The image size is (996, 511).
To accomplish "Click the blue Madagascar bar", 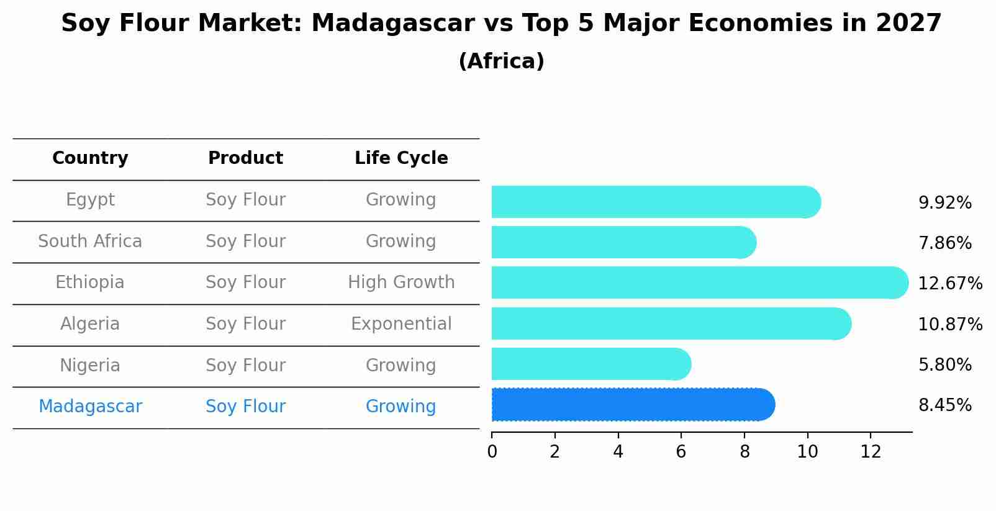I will pyautogui.click(x=632, y=405).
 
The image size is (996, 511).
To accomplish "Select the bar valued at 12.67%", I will pyautogui.click(x=699, y=283).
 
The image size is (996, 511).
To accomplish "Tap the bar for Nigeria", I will pyautogui.click(x=590, y=364).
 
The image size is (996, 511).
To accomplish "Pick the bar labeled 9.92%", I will pyautogui.click(x=655, y=202).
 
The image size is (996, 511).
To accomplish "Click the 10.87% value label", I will pyautogui.click(x=950, y=325).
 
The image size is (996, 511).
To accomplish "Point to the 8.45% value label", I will pyautogui.click(x=944, y=405).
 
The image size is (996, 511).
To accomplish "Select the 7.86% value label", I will pyautogui.click(x=944, y=243).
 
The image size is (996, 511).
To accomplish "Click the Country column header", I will pyautogui.click(x=90, y=158).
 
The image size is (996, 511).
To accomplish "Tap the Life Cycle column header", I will pyautogui.click(x=401, y=158).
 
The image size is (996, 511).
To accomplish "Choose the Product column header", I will pyautogui.click(x=245, y=158).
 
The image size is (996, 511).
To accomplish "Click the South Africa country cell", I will pyautogui.click(x=90, y=242).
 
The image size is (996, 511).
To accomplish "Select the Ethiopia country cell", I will pyautogui.click(x=90, y=283).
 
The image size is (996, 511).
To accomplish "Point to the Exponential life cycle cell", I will pyautogui.click(x=401, y=324).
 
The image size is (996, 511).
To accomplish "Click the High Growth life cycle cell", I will pyautogui.click(x=401, y=283).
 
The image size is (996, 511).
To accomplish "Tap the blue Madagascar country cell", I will pyautogui.click(x=90, y=407).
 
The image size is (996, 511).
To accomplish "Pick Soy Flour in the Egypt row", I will pyautogui.click(x=245, y=200).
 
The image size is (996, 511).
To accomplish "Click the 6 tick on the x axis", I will pyautogui.click(x=681, y=452).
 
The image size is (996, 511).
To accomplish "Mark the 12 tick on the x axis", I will pyautogui.click(x=871, y=452).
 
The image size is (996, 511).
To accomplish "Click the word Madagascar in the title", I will pyautogui.click(x=392, y=24).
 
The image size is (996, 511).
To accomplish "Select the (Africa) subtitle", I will pyautogui.click(x=501, y=61).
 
